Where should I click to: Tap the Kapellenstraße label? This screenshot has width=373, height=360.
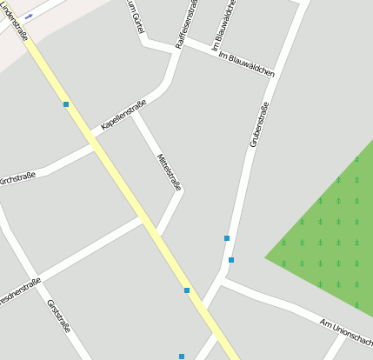pos(123,115)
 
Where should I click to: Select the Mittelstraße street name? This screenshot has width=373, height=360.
pos(169,171)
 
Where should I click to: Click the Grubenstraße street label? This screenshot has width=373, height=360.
pos(259,124)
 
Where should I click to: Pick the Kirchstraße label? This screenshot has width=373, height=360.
pos(17,178)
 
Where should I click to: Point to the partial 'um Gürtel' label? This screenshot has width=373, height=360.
pos(135,17)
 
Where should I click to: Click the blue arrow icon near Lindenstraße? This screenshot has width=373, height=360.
pos(29,17)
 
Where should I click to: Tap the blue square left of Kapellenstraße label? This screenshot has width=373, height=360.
pos(66,104)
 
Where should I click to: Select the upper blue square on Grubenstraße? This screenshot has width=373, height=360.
pos(227,237)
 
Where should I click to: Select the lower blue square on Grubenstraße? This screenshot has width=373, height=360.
pos(231,259)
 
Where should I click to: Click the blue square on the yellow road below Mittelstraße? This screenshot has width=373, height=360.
pos(187,290)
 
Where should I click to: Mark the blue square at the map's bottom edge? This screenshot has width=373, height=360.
pos(182,357)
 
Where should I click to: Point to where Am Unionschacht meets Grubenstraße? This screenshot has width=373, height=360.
pos(223,281)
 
